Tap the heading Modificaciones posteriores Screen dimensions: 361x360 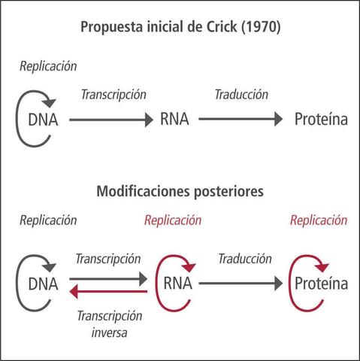(180, 191)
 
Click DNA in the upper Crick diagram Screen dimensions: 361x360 (43, 119)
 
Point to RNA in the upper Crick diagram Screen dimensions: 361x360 (174, 119)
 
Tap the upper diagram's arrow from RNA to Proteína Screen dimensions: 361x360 (241, 119)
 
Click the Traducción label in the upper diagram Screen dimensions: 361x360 (241, 96)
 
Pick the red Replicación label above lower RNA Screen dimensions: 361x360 (173, 221)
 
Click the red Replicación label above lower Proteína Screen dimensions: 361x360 (319, 221)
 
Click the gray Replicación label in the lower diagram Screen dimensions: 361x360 (48, 221)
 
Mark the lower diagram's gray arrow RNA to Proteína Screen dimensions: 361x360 (241, 284)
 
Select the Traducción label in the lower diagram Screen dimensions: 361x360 (244, 259)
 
